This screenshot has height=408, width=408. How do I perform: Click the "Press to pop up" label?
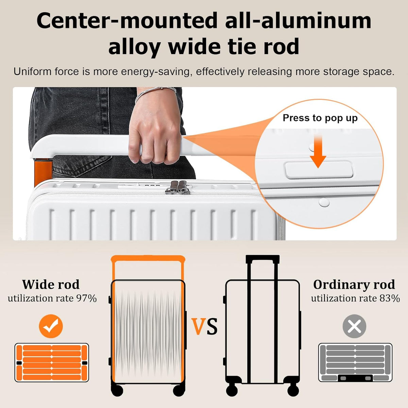[320, 118]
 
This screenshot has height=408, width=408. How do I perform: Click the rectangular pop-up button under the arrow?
[319, 170]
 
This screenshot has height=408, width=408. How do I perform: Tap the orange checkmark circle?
[51, 326]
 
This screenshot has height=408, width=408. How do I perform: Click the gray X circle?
[354, 326]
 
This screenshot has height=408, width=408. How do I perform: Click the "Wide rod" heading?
[51, 284]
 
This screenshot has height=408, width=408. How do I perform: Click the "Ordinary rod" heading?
[354, 285]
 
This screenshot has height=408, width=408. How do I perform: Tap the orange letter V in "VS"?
[199, 326]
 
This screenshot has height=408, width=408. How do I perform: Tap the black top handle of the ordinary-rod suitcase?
[262, 259]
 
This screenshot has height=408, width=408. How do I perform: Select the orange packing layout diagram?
[52, 362]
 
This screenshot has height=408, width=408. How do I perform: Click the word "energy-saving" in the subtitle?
[155, 72]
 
